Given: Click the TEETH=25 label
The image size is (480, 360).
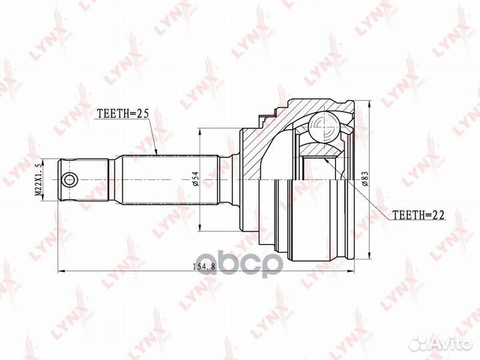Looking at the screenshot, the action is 123,113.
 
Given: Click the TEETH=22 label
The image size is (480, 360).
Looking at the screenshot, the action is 418,215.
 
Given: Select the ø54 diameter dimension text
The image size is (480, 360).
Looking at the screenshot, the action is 196,179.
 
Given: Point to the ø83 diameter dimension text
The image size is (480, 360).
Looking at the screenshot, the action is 364,179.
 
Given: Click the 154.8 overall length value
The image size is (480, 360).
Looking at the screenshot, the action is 204,266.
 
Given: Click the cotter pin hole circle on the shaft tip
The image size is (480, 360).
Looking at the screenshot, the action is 70,180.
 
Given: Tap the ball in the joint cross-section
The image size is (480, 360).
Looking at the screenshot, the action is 324,126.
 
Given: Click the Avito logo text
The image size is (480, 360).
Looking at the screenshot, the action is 452,344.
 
